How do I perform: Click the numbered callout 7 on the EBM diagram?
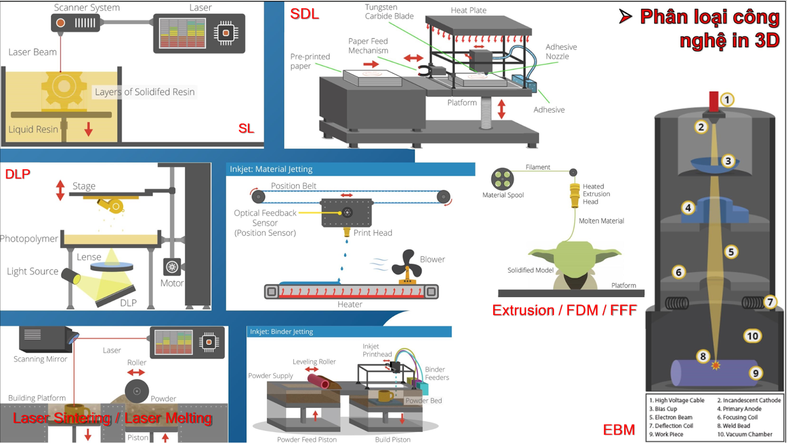770,302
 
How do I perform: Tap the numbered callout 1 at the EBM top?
727,99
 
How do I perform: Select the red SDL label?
304,14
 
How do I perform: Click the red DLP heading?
18,174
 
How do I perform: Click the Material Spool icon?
502,179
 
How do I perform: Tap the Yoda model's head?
575,256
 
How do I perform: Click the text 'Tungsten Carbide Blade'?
389,12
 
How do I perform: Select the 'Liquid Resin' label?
33,129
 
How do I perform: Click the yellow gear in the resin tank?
63,88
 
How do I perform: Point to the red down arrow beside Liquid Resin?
89,129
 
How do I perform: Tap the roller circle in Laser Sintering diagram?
137,391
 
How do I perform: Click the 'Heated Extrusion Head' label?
596,194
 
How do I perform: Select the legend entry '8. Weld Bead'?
736,426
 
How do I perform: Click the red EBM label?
619,430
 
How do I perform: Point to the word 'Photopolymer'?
29,239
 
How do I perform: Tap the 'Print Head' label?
372,233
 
